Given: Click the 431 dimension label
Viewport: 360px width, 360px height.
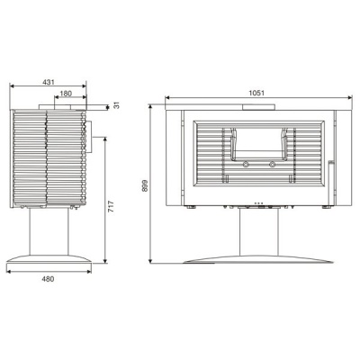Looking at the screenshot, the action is point(49,82).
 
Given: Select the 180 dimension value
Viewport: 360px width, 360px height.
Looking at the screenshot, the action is point(66,94).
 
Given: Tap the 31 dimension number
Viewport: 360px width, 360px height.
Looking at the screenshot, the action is point(117,105).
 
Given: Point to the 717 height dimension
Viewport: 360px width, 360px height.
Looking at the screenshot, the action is point(111,207).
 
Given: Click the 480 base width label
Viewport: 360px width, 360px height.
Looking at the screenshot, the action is point(48,279).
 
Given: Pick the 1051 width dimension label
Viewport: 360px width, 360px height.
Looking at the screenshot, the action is point(256,93).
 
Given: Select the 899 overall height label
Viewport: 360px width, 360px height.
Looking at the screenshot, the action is point(145,185).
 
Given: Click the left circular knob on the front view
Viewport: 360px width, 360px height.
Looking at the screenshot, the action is point(246,164).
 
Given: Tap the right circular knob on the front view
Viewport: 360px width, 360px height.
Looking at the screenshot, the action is point(272,164).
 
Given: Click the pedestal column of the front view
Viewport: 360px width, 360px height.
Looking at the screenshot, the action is point(259,231).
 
